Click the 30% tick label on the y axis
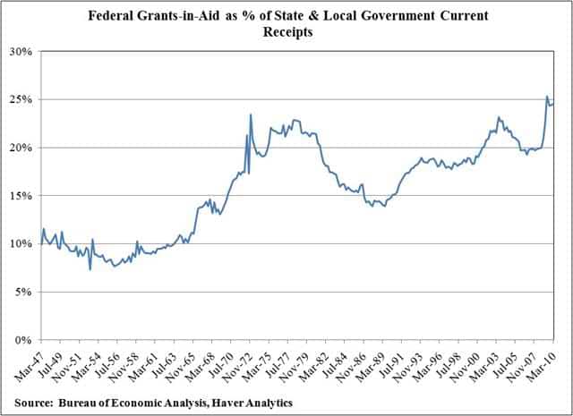click(21, 51)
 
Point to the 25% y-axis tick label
click(21, 99)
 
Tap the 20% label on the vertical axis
click(21, 148)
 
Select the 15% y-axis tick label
click(21, 195)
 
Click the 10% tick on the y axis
click(21, 243)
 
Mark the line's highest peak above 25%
click(547, 97)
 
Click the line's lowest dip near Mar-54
click(90, 269)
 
